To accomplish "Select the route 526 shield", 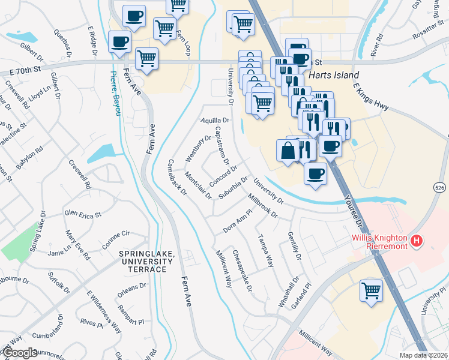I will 439,188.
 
